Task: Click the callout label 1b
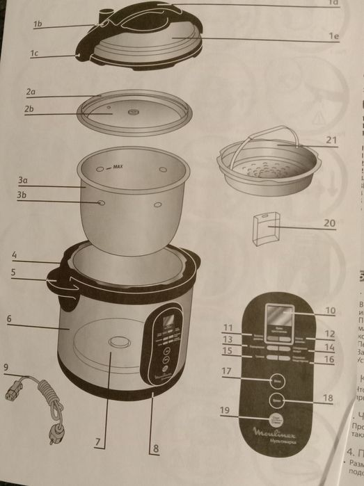(x=38, y=24)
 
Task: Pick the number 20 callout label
(x=329, y=224)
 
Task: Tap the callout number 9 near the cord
(x=6, y=366)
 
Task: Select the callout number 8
(x=157, y=449)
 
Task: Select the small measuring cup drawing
(x=269, y=229)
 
